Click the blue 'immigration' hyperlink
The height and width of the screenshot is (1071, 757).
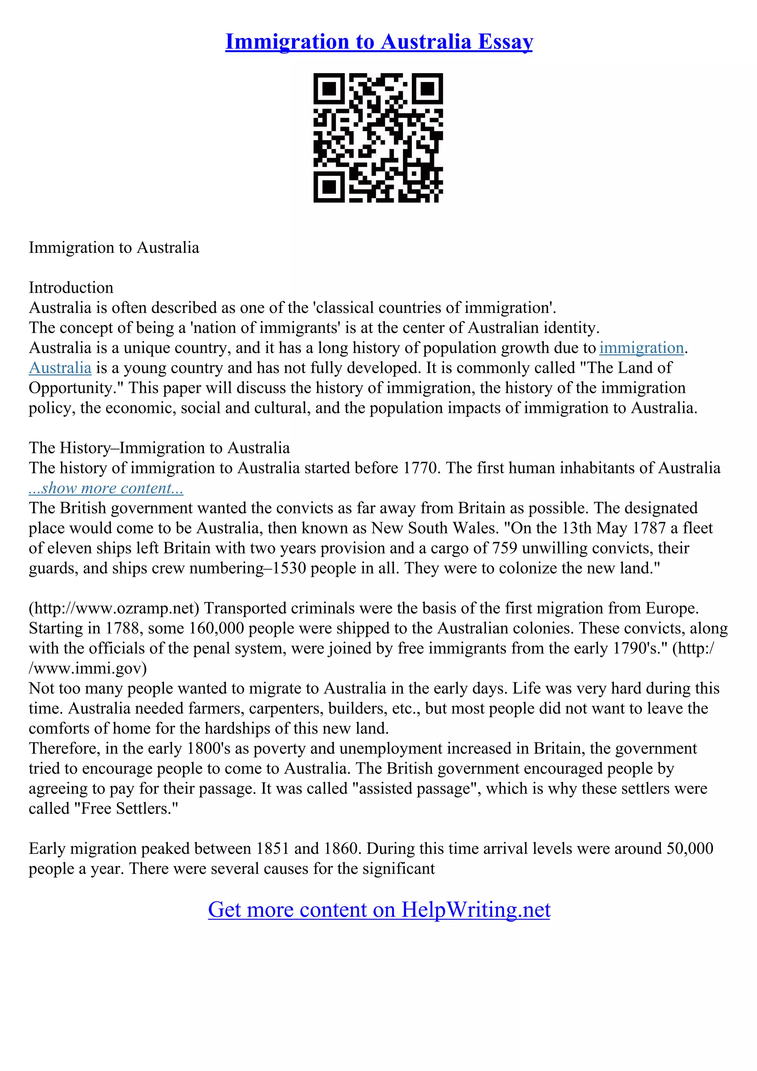(641, 348)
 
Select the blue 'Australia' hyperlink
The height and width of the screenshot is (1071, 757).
(60, 368)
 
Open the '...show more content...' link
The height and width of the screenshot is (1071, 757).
(106, 489)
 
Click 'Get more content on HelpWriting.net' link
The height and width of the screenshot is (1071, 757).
(379, 909)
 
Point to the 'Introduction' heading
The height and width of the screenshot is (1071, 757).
(71, 288)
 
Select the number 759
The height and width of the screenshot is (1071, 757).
(504, 548)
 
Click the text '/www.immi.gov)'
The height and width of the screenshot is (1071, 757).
(88, 669)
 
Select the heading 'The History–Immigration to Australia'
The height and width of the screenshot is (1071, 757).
(159, 448)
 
